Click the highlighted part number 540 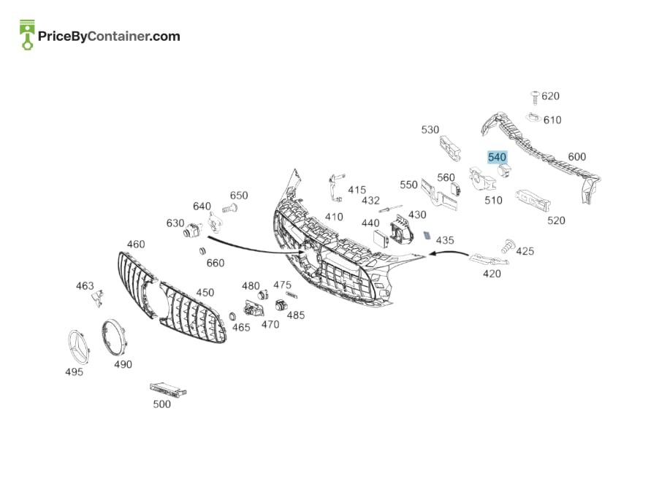(497, 158)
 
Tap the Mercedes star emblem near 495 (79, 346)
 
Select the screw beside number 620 (535, 97)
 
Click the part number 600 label (577, 157)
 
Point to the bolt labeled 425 (508, 246)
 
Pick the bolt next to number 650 (229, 208)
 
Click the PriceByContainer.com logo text (109, 36)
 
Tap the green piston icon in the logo (27, 34)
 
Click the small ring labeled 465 (232, 316)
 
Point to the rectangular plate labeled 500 (168, 388)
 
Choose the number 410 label (334, 217)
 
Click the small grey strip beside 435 (427, 235)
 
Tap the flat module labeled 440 (381, 239)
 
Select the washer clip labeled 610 (533, 117)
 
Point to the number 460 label (136, 244)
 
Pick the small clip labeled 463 (97, 298)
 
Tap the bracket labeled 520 (533, 200)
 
